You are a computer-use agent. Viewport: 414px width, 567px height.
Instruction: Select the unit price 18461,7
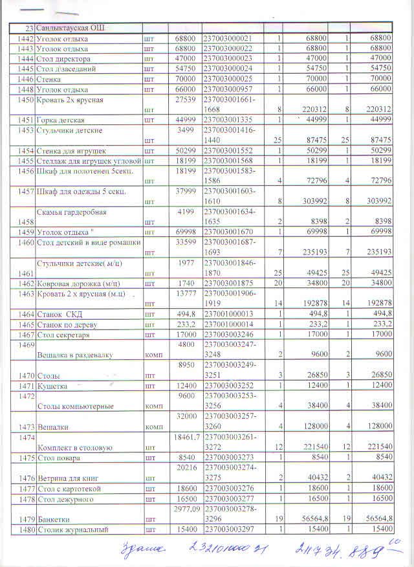pyautogui.click(x=184, y=437)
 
